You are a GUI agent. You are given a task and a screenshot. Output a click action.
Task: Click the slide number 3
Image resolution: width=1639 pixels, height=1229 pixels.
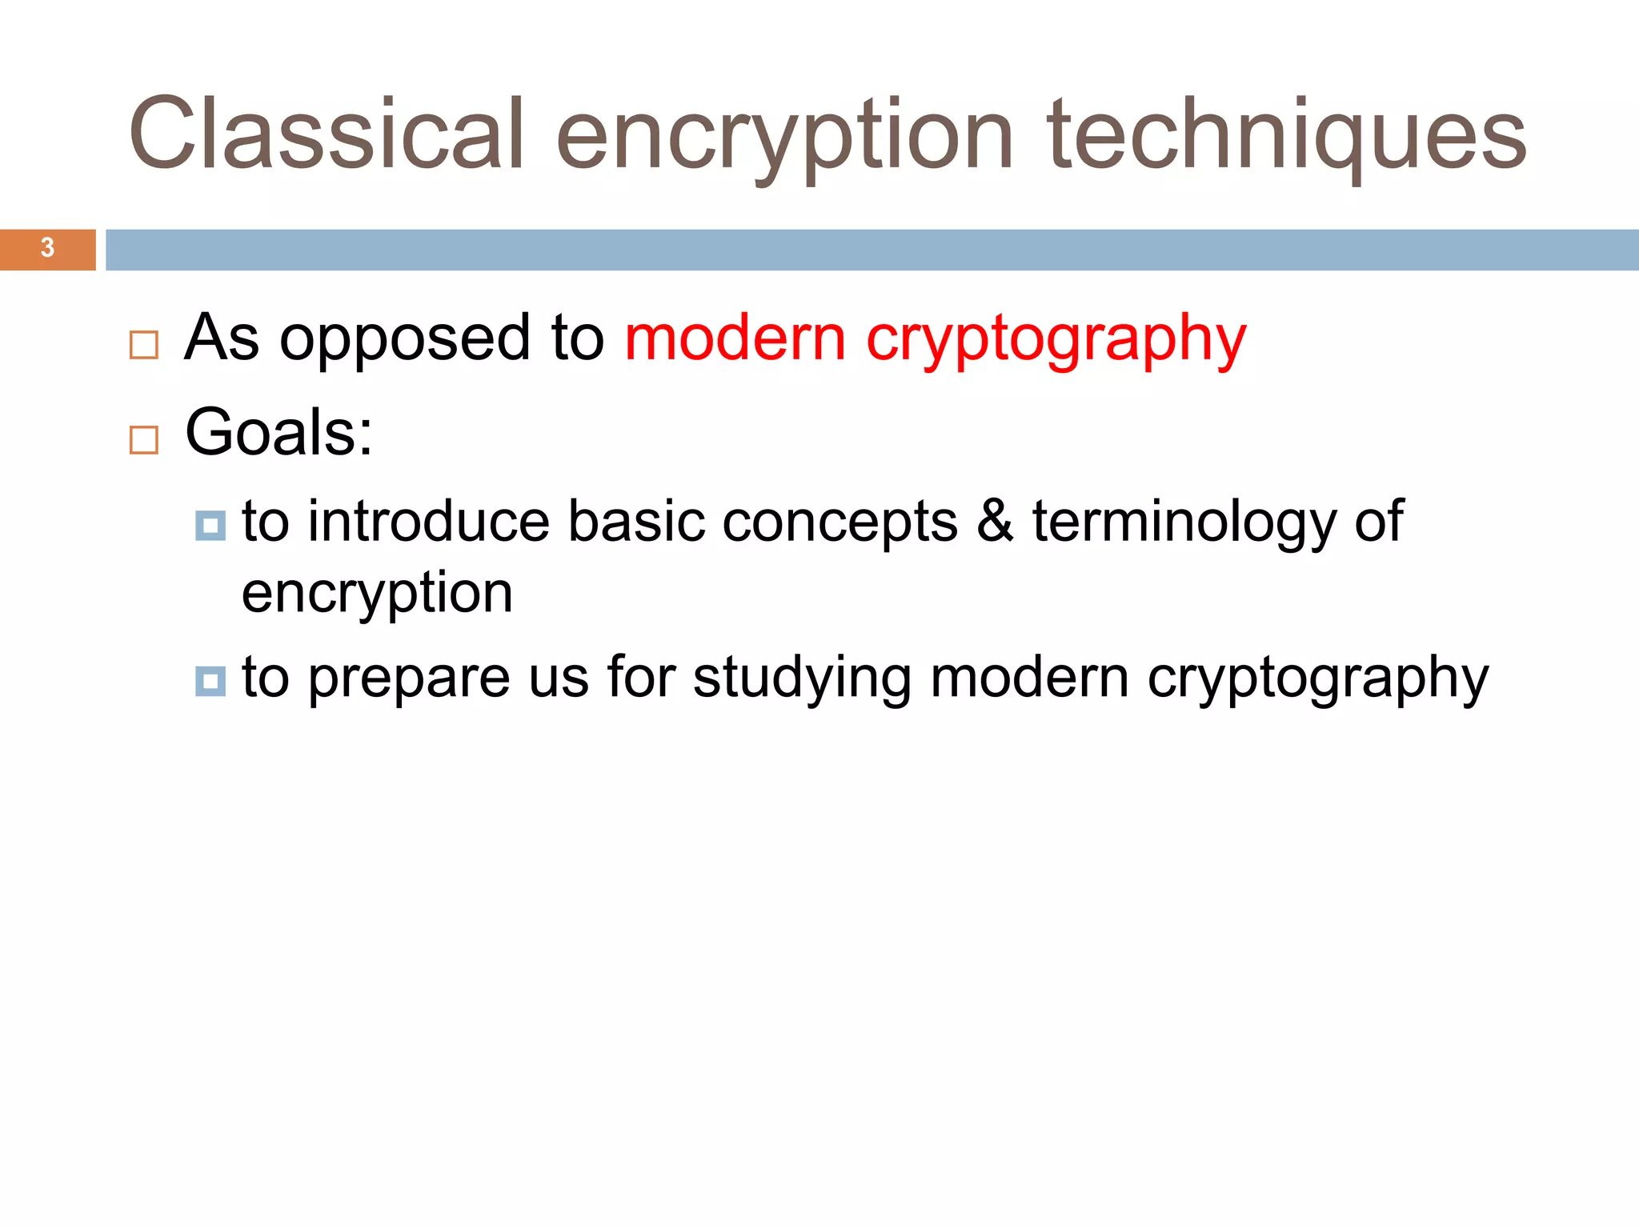tap(47, 248)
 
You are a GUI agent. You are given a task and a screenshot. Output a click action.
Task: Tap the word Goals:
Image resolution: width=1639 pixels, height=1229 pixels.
tap(279, 432)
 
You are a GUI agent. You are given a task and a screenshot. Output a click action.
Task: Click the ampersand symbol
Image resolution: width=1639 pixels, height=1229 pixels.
tap(995, 521)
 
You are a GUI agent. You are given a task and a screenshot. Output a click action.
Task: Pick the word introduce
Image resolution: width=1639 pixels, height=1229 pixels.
tap(429, 521)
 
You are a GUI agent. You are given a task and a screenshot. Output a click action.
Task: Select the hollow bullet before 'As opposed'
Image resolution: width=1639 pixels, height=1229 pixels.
tap(144, 345)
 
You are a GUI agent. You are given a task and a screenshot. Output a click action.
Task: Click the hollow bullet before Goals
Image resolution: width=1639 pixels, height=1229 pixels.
tap(144, 440)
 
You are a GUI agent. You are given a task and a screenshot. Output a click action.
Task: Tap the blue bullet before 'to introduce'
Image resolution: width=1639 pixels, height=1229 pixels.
tap(210, 526)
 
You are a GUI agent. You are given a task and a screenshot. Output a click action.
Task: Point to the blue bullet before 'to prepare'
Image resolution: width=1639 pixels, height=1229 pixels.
tap(210, 681)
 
